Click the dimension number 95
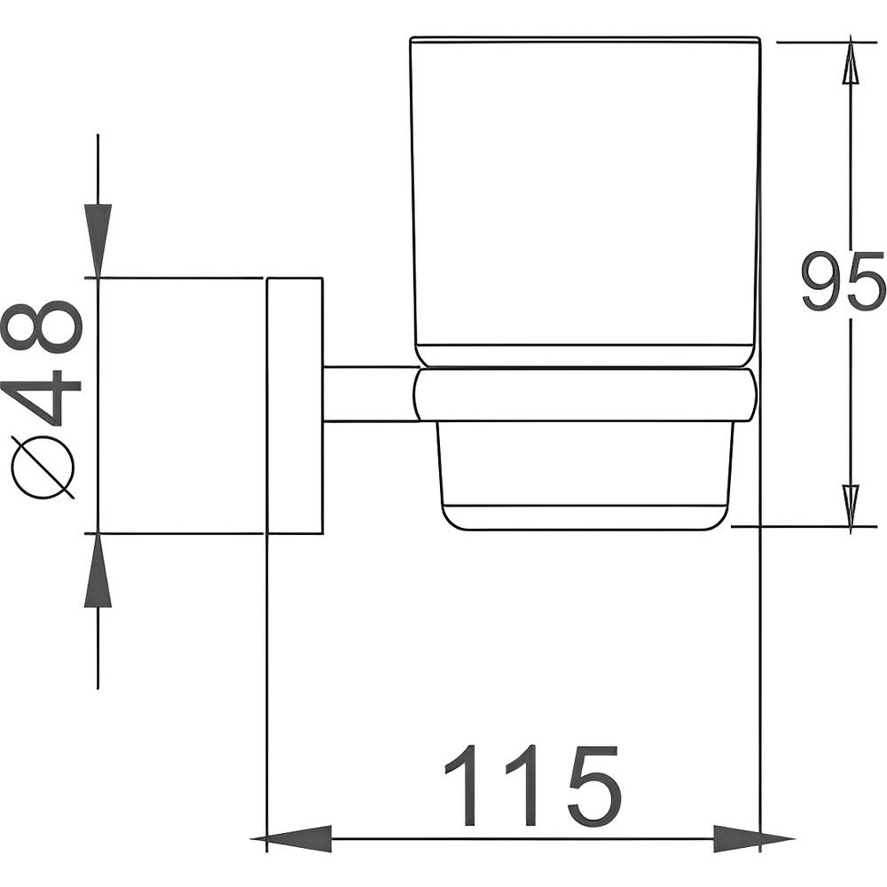click(843, 281)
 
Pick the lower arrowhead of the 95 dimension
click(851, 506)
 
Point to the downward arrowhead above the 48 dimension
click(98, 241)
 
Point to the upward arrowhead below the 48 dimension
click(98, 569)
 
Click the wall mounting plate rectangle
click(294, 405)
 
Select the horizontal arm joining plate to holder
click(370, 395)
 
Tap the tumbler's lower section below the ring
click(585, 475)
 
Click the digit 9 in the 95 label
click(822, 281)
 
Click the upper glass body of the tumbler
click(585, 198)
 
